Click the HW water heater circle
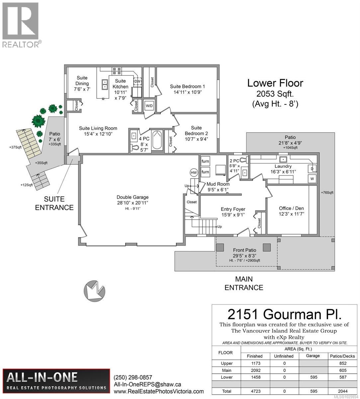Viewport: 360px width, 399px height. pyautogui.click(x=194, y=173)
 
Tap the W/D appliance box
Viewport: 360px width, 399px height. pyautogui.click(x=149, y=106)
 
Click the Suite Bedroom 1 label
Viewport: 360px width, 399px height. pyautogui.click(x=187, y=89)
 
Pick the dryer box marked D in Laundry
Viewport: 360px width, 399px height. pyautogui.click(x=312, y=169)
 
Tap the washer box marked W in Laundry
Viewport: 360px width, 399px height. pyautogui.click(x=312, y=179)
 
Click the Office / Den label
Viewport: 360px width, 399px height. pyautogui.click(x=291, y=211)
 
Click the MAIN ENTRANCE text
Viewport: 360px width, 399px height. pyautogui.click(x=244, y=283)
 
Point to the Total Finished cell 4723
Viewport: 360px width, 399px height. pyautogui.click(x=255, y=391)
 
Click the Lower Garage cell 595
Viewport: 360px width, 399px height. pyautogui.click(x=313, y=377)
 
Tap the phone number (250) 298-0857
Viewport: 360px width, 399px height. pyautogui.click(x=133, y=377)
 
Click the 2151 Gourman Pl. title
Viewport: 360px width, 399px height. pyautogui.click(x=284, y=314)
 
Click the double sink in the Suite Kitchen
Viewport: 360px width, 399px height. pyautogui.click(x=105, y=84)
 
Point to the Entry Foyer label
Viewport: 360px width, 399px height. pyautogui.click(x=233, y=212)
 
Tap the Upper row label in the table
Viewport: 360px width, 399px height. pyautogui.click(x=226, y=363)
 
